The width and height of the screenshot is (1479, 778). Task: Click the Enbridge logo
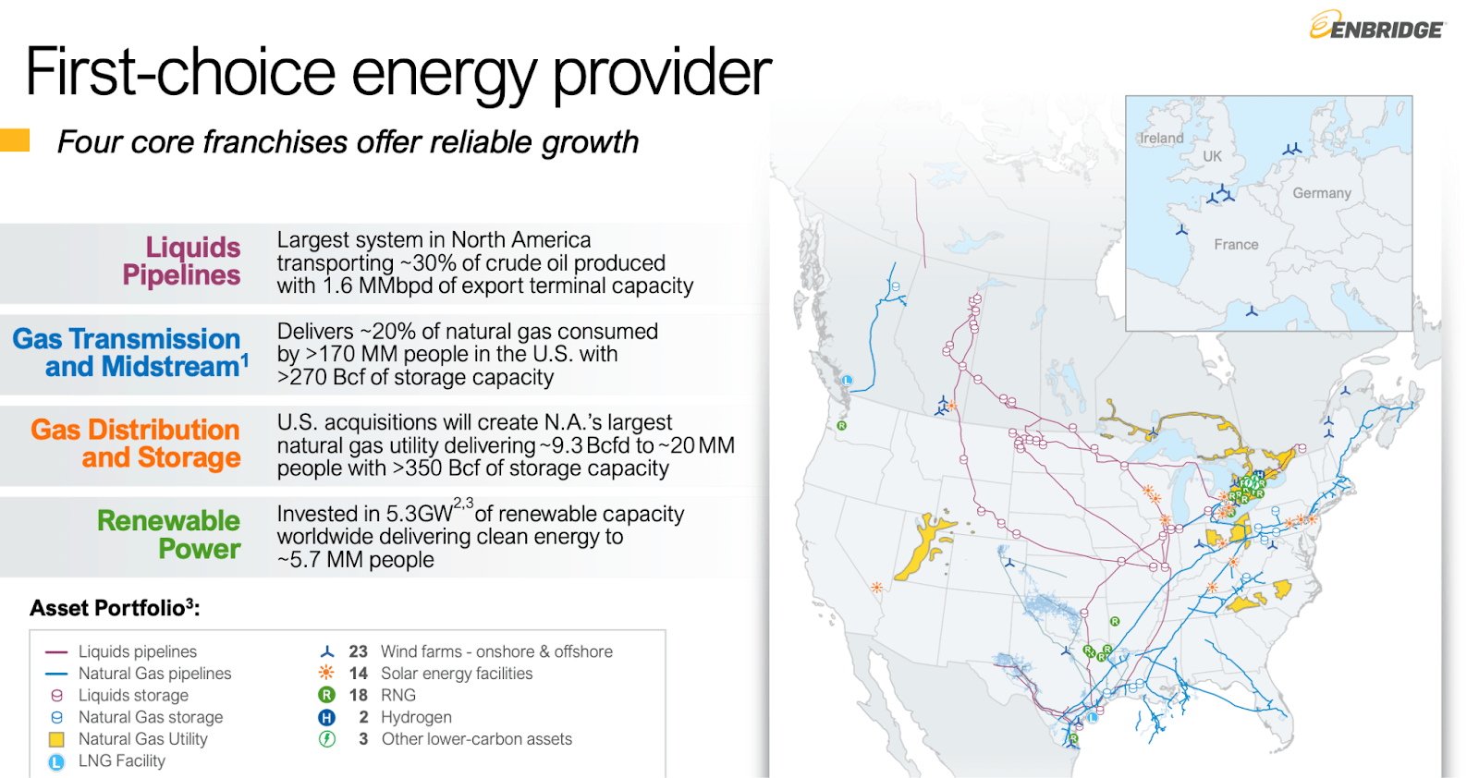(x=1376, y=27)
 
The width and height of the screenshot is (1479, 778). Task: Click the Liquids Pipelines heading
(x=181, y=261)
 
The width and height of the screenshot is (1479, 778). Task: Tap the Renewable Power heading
(x=169, y=534)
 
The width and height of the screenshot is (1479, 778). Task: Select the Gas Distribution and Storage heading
(x=136, y=444)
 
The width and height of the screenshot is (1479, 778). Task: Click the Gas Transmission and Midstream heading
(x=129, y=353)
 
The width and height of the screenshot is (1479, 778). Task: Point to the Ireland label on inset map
(x=1161, y=139)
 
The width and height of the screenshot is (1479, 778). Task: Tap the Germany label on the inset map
(x=1321, y=193)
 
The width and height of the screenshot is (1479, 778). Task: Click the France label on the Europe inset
(x=1236, y=245)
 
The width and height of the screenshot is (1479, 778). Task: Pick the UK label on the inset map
(x=1212, y=157)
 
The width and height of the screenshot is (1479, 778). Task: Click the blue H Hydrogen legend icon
(x=326, y=717)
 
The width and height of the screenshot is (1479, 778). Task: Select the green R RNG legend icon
(x=326, y=695)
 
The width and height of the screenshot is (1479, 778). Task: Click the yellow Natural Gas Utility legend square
(x=56, y=739)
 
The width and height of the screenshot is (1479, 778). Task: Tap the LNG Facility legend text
(x=122, y=761)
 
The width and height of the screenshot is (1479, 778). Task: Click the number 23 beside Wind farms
(x=358, y=651)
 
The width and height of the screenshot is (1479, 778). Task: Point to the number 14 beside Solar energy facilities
(x=358, y=674)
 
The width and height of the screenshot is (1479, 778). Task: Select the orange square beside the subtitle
(x=14, y=140)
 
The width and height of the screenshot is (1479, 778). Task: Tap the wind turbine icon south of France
(x=1252, y=311)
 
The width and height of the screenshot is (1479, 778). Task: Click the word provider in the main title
(x=662, y=74)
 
